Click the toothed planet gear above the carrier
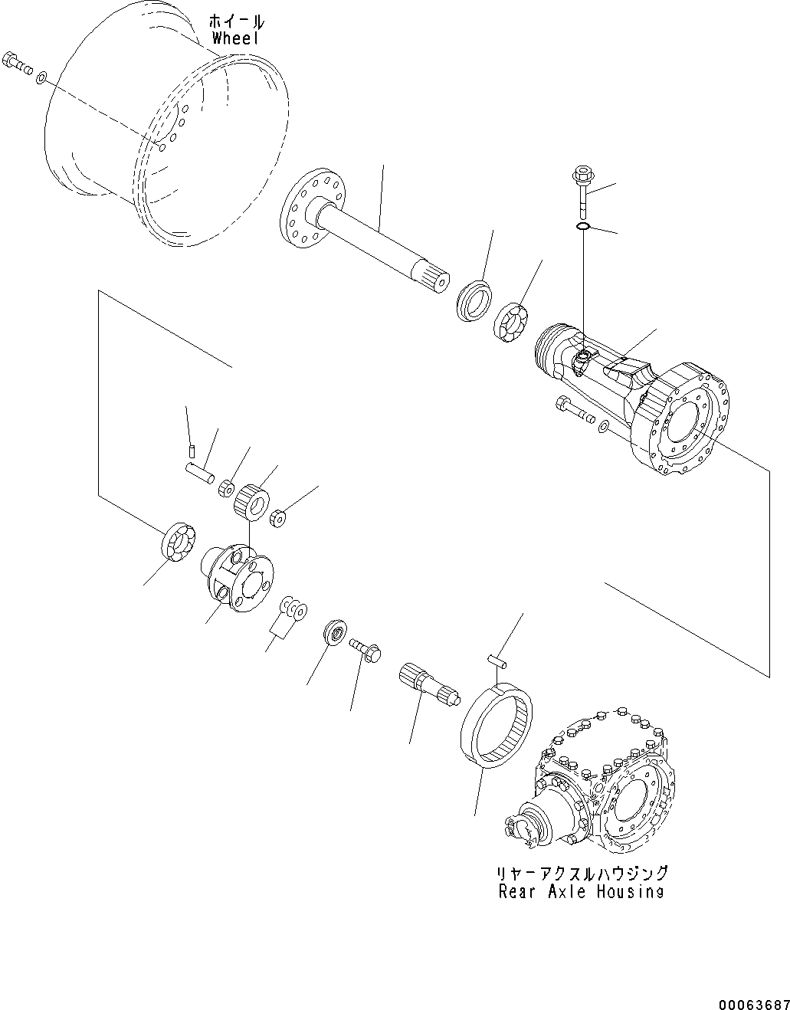(251, 501)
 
